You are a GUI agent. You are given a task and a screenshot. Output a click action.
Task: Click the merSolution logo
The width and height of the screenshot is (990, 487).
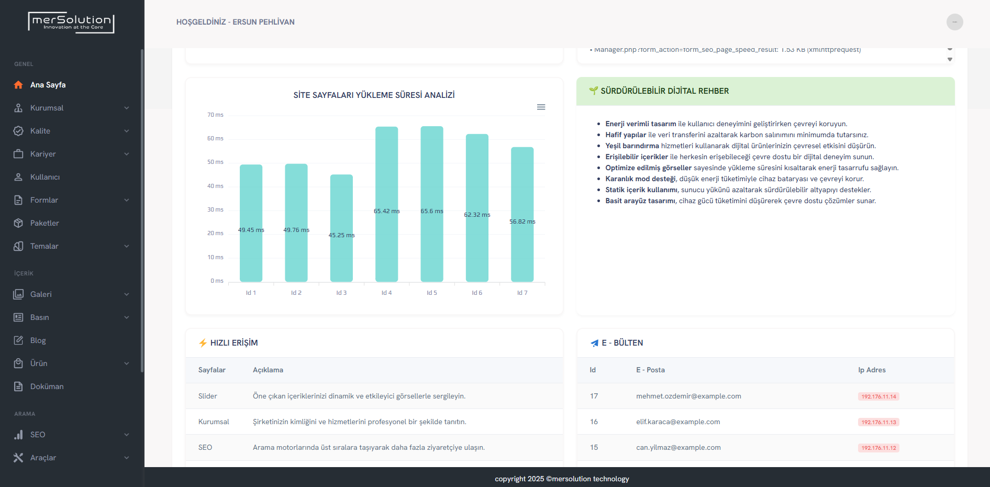tap(71, 23)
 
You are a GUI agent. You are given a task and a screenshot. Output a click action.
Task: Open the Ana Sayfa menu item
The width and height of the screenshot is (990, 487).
tap(48, 85)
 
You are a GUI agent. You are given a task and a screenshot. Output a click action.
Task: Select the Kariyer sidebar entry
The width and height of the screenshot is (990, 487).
tap(43, 154)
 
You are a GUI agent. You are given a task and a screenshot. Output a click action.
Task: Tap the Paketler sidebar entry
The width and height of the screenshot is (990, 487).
tap(45, 223)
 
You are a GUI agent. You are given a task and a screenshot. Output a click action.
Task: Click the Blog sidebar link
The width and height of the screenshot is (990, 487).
tap(38, 340)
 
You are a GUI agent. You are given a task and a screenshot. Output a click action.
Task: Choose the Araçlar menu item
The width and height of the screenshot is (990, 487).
tap(43, 458)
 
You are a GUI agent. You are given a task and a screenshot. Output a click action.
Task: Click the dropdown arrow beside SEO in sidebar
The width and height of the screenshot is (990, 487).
tap(126, 435)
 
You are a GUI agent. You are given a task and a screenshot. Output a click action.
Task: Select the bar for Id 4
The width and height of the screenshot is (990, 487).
tap(386, 204)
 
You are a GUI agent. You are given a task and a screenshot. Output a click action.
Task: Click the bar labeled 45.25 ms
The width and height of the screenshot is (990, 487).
tap(341, 228)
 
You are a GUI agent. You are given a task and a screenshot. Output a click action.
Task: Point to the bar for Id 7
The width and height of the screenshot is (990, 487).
tap(522, 215)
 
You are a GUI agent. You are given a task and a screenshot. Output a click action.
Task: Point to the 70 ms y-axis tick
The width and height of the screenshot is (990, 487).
tap(215, 115)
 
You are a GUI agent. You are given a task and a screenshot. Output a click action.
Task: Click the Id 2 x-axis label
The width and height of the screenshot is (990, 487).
tap(296, 293)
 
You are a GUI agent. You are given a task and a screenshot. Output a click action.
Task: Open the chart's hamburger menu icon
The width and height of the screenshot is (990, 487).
tap(541, 107)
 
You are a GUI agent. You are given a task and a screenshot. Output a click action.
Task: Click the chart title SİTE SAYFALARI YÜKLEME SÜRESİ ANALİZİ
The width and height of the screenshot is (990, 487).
tap(374, 95)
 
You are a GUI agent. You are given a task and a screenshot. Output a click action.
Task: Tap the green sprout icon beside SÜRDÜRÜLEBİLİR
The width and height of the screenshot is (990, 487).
tap(593, 91)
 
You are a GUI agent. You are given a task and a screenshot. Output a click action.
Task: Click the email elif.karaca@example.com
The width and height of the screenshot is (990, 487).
tap(678, 422)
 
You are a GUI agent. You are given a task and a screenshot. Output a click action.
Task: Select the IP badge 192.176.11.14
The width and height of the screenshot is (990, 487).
tap(878, 396)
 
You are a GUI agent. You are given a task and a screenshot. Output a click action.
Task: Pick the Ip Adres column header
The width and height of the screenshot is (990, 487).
tap(872, 370)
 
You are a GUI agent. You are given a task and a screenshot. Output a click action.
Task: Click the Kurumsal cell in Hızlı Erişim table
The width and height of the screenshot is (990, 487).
tap(214, 422)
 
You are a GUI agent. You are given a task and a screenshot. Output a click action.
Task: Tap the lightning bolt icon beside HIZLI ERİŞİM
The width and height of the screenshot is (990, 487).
tap(203, 343)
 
